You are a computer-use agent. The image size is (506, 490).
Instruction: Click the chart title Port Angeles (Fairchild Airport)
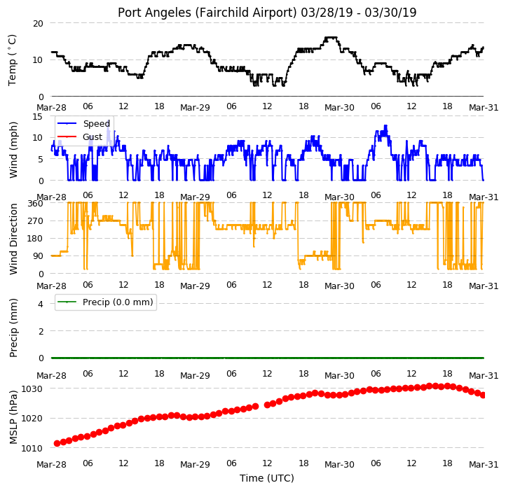207,13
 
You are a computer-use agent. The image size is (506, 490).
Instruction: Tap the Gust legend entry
80,136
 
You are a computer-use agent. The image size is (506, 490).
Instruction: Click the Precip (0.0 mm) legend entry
105,302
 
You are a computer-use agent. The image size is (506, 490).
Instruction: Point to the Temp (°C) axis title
12,60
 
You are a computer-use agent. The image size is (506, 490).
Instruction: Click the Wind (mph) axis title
13,150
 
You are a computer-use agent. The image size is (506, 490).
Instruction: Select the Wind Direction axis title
13,239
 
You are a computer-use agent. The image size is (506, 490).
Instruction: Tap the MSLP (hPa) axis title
13,417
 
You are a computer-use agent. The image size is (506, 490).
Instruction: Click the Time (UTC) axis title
267,477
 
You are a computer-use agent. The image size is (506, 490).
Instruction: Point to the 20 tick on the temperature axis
38,24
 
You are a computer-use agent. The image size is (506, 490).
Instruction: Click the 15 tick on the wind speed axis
38,116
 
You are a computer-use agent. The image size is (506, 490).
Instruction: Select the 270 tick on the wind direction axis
35,221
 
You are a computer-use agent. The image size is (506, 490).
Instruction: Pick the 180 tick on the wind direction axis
35,239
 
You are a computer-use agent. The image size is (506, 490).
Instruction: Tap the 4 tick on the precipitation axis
41,304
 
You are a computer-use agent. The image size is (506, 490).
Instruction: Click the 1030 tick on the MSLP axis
32,388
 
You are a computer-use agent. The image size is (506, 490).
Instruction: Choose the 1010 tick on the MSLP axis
32,448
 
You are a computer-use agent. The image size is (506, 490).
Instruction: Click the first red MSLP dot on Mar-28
57,443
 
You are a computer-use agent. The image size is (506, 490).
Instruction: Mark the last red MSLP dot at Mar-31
483,395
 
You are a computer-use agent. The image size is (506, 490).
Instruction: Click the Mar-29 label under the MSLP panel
195,465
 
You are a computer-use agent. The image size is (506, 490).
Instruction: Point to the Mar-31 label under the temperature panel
484,107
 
